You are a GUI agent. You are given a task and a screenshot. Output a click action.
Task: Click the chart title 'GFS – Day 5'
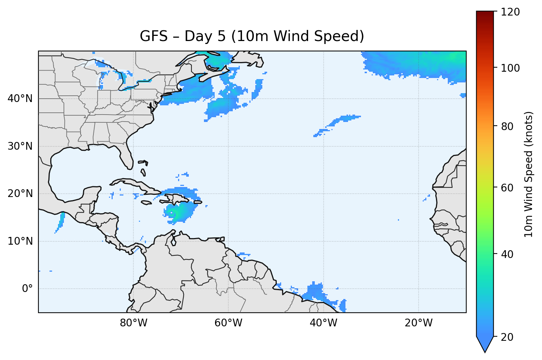pyautogui.click(x=252, y=36)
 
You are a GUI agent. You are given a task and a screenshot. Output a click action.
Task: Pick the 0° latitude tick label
pyautogui.click(x=27, y=289)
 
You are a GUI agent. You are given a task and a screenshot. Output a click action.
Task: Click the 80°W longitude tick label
pyautogui.click(x=134, y=323)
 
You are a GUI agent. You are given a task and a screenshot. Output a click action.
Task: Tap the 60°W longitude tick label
pyautogui.click(x=229, y=323)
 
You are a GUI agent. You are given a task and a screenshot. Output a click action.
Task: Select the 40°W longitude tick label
pyautogui.click(x=324, y=323)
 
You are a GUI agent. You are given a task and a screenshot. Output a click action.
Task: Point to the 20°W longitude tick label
pyautogui.click(x=419, y=323)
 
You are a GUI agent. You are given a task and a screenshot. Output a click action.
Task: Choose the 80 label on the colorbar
pyautogui.click(x=507, y=126)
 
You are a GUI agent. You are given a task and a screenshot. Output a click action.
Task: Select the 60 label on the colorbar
pyautogui.click(x=507, y=188)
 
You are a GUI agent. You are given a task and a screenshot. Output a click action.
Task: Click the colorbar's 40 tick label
pyautogui.click(x=507, y=254)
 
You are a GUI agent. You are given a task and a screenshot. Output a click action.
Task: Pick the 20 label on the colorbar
pyautogui.click(x=507, y=337)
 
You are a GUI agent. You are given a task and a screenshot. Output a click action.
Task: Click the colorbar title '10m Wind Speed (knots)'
pyautogui.click(x=529, y=174)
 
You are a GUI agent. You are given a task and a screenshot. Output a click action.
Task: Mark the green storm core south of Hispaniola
pyautogui.click(x=171, y=213)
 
